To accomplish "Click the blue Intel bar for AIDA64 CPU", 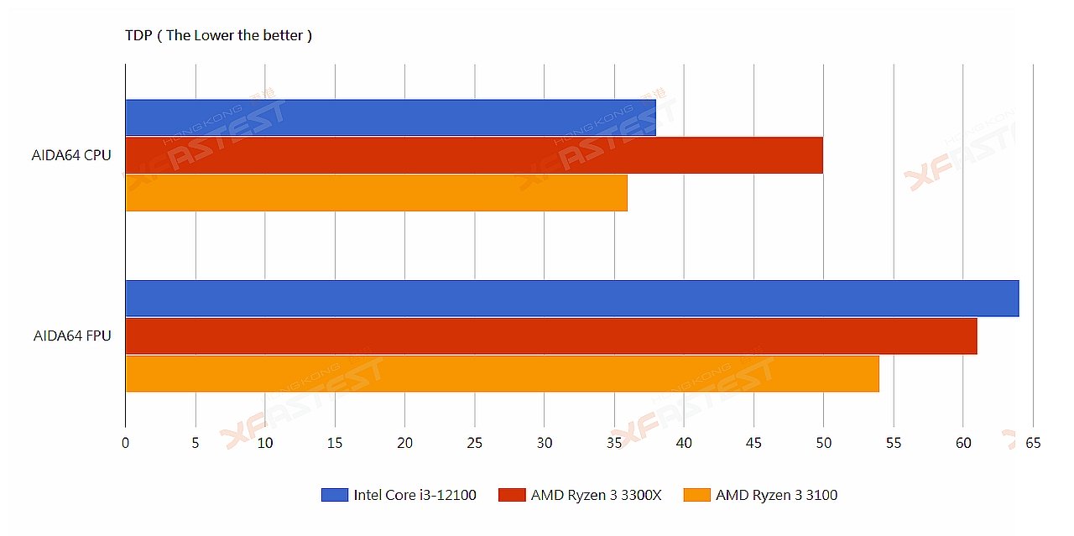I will coord(390,117).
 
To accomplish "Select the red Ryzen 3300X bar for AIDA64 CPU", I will coord(474,155).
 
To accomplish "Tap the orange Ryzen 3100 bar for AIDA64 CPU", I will coord(376,192).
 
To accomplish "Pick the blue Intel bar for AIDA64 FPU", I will coord(571,299).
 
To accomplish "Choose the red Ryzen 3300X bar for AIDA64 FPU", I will coord(550,336).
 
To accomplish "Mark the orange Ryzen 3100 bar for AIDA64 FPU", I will coord(502,373).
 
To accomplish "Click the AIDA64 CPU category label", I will coord(71,155).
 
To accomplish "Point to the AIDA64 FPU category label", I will coord(72,336).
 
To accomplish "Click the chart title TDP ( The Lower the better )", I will coord(218,35).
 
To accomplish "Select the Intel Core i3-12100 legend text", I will coord(414,495).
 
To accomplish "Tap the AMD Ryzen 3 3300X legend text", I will coord(596,495).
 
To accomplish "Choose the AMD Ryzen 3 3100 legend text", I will coord(776,495).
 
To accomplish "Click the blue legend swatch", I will coord(334,495).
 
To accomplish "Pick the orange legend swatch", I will coord(696,495).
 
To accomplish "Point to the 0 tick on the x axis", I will coord(126,443).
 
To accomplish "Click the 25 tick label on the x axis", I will coord(475,443).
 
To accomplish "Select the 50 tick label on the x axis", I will coord(823,443).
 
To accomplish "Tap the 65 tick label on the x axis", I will coord(1032,443).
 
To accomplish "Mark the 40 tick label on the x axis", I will coord(684,443).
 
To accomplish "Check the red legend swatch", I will coord(511,495).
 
